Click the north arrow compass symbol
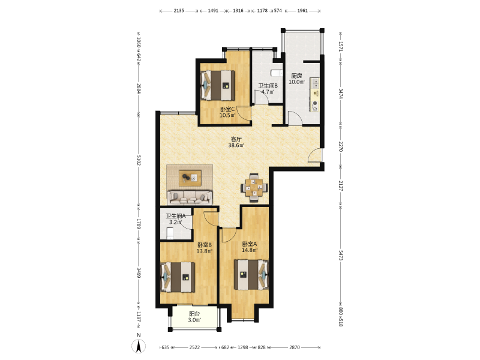point(139,346)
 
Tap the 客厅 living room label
point(236,139)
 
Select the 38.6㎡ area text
point(236,145)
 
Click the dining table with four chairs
point(254,188)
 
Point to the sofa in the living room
point(190,197)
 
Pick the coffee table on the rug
point(190,178)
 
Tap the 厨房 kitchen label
point(296,76)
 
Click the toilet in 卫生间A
point(170,233)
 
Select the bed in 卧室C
point(218,85)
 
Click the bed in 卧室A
point(251,275)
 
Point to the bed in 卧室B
point(178,277)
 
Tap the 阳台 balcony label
point(194,314)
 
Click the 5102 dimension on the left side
point(139,160)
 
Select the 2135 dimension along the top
point(179,11)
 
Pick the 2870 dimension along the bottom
point(295,347)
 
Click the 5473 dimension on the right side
point(341,255)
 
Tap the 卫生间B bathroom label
point(268,86)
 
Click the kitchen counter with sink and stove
point(314,95)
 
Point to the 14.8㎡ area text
point(250,250)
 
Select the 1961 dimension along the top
point(302,11)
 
